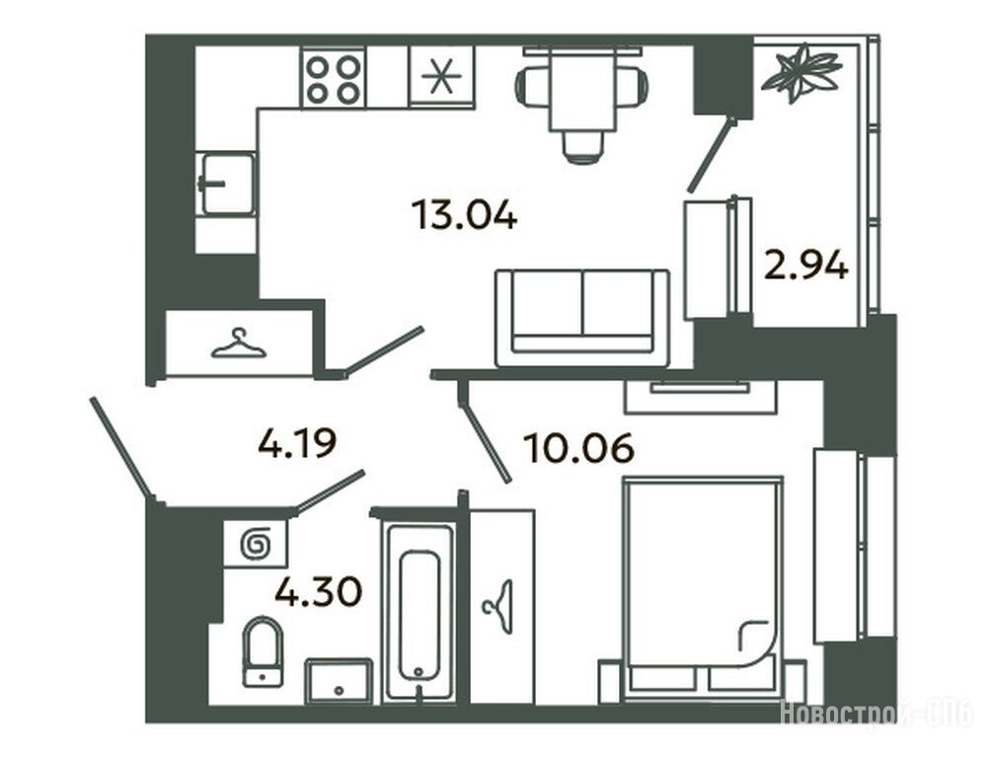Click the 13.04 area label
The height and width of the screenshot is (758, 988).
coord(464,214)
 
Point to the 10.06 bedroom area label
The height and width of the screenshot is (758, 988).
coord(578,448)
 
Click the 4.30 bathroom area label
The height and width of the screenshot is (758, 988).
coord(319,591)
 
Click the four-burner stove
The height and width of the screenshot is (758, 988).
coord(333,78)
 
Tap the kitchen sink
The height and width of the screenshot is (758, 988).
coord(227,184)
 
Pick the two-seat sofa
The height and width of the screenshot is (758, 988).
coord(582,318)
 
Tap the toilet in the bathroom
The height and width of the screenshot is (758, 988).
coord(263,650)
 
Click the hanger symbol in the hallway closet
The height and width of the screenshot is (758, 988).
coord(239,344)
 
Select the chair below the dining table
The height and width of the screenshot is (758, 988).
coord(581,146)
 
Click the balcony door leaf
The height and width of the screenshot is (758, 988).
coord(713,154)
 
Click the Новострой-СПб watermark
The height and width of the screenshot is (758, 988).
coord(877,714)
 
